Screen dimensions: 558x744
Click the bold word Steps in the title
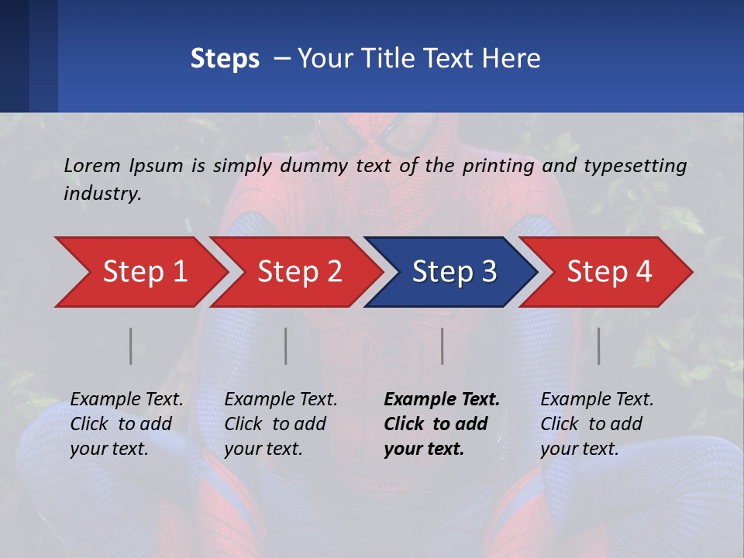click(225, 59)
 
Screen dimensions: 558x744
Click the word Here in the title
click(512, 59)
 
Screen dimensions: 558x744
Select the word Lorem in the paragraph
click(92, 165)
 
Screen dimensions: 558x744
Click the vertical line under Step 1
click(131, 346)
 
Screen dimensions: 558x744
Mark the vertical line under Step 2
click(286, 346)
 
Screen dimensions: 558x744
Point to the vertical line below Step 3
click(443, 346)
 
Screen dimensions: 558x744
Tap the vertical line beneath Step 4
click(599, 346)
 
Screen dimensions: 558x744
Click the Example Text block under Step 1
click(126, 424)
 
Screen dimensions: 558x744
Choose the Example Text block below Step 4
click(597, 424)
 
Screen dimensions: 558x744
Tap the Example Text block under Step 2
click(281, 424)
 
